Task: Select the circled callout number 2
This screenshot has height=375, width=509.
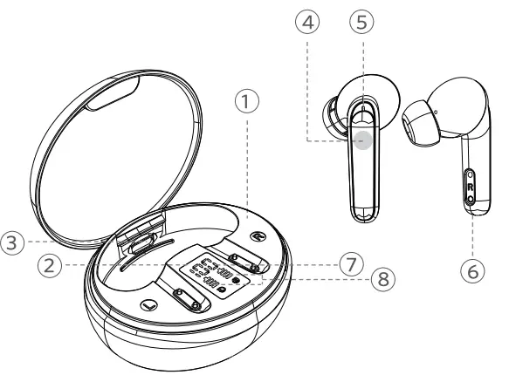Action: pos(53,265)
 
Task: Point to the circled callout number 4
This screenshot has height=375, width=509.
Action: pos(307,24)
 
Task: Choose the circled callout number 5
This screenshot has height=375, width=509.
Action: pos(360,24)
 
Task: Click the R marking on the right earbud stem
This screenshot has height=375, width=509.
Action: pos(471,187)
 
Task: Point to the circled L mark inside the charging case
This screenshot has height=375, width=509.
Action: pos(146,307)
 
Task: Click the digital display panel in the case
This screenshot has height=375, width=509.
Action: pos(213,277)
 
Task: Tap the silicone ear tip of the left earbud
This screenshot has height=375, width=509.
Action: pos(333,113)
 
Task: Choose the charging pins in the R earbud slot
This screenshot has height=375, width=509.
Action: pos(246,260)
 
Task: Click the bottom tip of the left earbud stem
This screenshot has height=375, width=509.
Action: pos(365,214)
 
